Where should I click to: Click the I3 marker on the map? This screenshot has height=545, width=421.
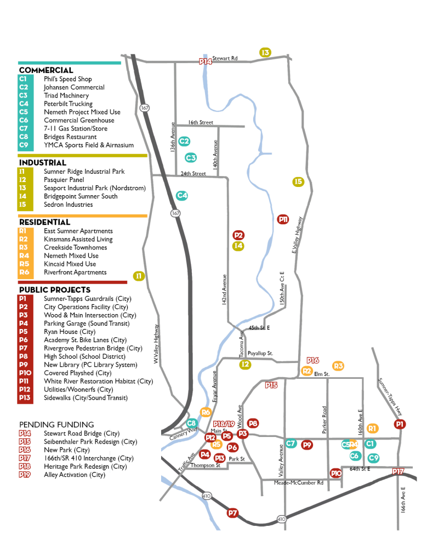(265, 53)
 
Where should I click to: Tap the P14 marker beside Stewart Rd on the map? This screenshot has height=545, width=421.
(205, 61)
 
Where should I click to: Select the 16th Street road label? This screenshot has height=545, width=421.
(201, 123)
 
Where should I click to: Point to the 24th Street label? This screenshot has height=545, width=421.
(193, 174)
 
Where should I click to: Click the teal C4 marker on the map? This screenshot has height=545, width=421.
(182, 195)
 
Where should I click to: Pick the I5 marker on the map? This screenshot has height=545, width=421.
(298, 181)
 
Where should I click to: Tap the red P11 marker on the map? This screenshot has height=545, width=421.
(283, 219)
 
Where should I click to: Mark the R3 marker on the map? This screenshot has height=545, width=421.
(338, 366)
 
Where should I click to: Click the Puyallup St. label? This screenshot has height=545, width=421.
(260, 354)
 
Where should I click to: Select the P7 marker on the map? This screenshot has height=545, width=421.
(232, 513)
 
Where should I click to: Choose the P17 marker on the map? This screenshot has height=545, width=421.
(398, 471)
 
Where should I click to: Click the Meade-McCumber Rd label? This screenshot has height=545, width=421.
(299, 482)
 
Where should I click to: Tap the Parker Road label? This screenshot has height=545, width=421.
(325, 419)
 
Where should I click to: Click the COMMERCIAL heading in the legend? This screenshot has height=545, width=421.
(46, 70)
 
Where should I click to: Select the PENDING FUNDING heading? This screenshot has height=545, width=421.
(56, 424)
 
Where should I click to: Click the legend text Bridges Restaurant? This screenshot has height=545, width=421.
(70, 137)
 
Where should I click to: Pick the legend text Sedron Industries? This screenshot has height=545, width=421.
(68, 205)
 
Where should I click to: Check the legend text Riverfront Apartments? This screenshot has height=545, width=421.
(75, 272)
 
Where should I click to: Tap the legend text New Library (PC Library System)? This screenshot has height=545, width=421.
(90, 365)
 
